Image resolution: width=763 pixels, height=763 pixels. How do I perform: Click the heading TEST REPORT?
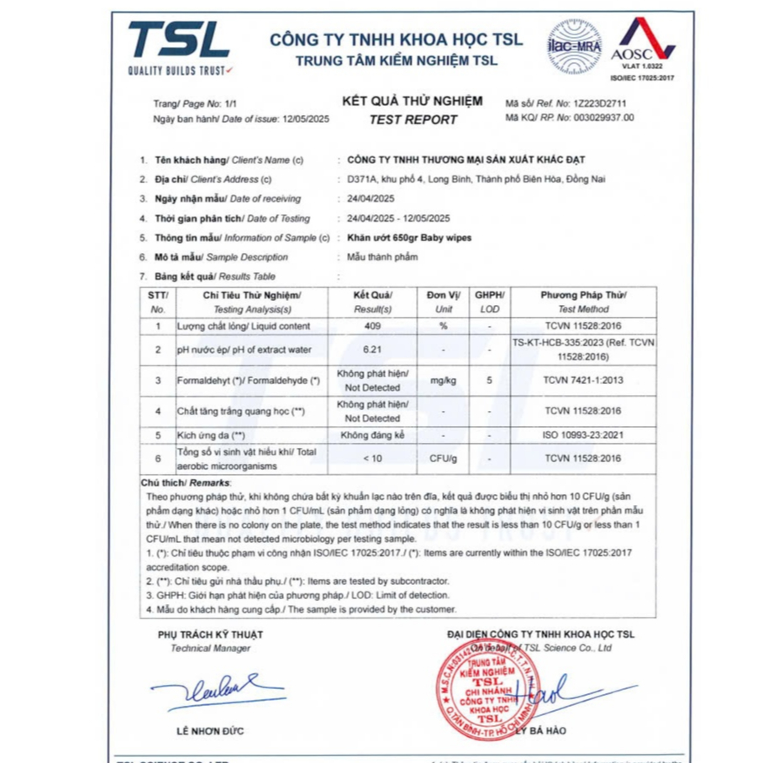[x=413, y=119]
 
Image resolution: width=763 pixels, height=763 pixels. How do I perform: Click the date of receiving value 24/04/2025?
[x=371, y=198]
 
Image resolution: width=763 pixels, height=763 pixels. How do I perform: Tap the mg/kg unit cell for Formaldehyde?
[x=443, y=381]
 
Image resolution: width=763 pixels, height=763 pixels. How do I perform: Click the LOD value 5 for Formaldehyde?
[x=489, y=381]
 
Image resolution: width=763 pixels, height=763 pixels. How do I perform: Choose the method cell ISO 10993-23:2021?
[x=582, y=435]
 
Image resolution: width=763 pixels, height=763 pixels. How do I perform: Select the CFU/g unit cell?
[x=443, y=458]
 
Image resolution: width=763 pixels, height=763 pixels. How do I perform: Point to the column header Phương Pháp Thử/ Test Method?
[x=582, y=302]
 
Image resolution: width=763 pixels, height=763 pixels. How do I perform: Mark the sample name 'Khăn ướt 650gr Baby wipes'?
[x=409, y=238]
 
